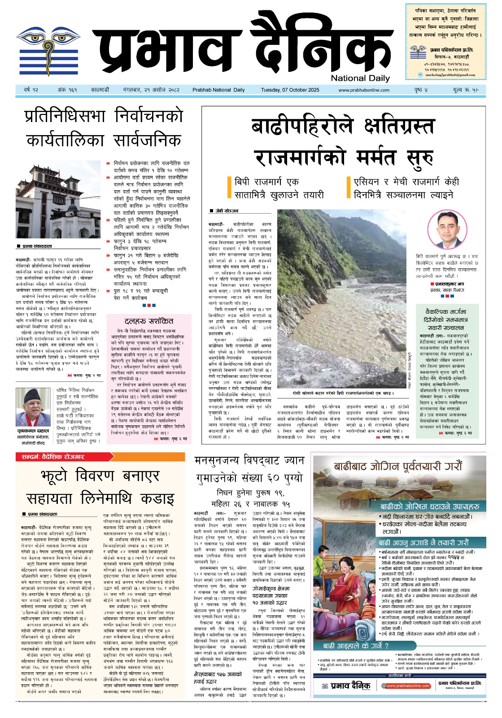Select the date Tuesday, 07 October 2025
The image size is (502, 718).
(290, 90)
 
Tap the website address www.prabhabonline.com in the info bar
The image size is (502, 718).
(364, 90)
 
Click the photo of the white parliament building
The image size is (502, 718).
(58, 202)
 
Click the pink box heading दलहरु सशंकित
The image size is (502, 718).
(149, 321)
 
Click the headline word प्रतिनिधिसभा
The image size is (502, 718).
(65, 117)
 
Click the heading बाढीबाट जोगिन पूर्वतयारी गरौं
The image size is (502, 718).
(397, 467)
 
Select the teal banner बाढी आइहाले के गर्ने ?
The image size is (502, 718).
(356, 646)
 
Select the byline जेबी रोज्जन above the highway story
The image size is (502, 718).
(227, 211)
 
